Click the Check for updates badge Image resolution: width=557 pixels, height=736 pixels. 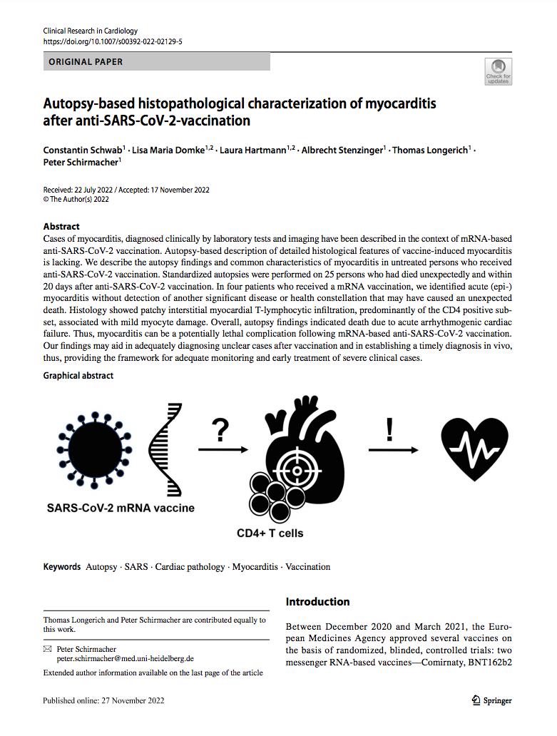(x=498, y=72)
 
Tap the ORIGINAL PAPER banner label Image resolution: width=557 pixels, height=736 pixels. (x=86, y=62)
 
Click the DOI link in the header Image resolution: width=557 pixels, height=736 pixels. (x=113, y=41)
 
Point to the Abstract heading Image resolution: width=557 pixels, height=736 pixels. (x=61, y=226)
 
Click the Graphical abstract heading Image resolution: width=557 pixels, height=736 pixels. (x=78, y=375)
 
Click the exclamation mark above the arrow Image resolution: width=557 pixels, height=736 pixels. (x=389, y=430)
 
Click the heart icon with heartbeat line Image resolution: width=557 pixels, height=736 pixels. (x=474, y=450)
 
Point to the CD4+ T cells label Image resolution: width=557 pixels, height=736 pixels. (x=270, y=533)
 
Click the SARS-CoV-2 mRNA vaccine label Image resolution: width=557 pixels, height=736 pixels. (x=121, y=508)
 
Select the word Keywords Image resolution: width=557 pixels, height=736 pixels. (x=62, y=567)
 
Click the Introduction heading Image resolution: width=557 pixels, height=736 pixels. (x=317, y=602)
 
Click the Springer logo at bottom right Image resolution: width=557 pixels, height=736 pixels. (x=492, y=700)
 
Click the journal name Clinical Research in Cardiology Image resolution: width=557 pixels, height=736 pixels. (x=91, y=31)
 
